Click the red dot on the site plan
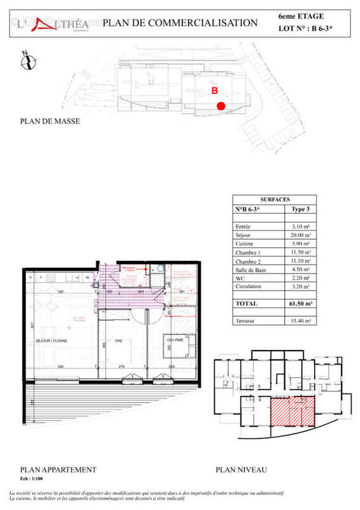(220, 106)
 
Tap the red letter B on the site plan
(215, 91)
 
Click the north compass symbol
(26, 62)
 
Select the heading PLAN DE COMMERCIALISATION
(180, 23)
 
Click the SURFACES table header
(275, 199)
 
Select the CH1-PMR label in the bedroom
(175, 340)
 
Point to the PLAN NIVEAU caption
(241, 470)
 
